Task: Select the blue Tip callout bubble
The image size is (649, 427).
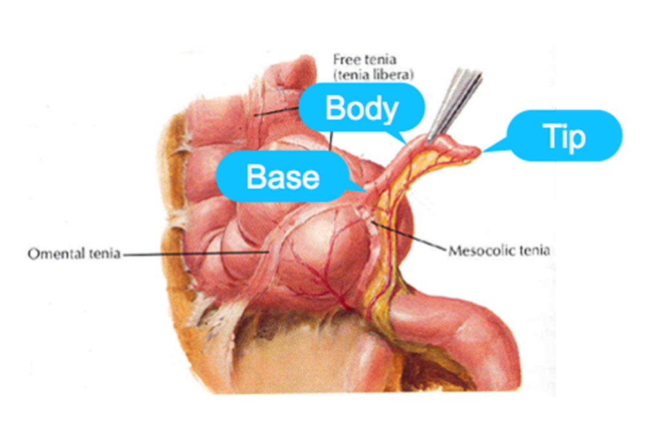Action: [x=565, y=136]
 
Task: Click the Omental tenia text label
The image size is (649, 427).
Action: [x=73, y=254]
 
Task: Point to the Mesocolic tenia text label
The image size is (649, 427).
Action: [x=498, y=250]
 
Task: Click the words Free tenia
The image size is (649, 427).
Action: [x=358, y=59]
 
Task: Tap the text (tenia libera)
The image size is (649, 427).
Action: [x=364, y=72]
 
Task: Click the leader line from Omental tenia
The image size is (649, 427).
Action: [x=193, y=254]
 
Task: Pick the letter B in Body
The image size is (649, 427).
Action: [x=336, y=108]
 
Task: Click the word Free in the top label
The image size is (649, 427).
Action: [x=343, y=59]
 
